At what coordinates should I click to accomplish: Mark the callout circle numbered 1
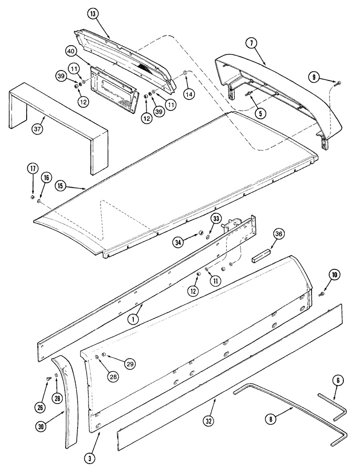[x=134, y=320]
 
